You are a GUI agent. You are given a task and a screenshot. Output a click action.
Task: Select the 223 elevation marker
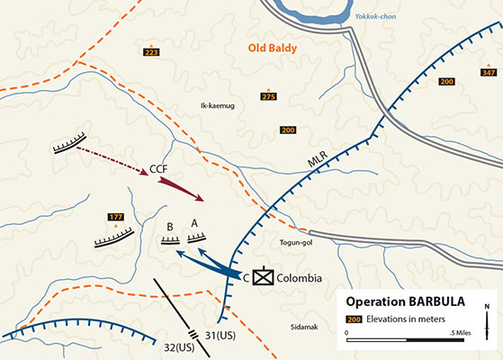pyautogui.click(x=151, y=53)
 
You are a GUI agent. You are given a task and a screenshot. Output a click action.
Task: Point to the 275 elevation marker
pyautogui.click(x=268, y=96)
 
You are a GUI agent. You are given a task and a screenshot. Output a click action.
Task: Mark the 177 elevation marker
pyautogui.click(x=115, y=217)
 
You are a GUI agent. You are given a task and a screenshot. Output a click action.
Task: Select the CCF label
pyautogui.click(x=159, y=168)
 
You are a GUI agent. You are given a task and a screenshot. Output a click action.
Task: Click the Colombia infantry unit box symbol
pyautogui.click(x=262, y=277)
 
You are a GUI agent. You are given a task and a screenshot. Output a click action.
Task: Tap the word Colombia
pyautogui.click(x=299, y=278)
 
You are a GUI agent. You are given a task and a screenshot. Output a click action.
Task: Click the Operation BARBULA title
pyautogui.click(x=406, y=301)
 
